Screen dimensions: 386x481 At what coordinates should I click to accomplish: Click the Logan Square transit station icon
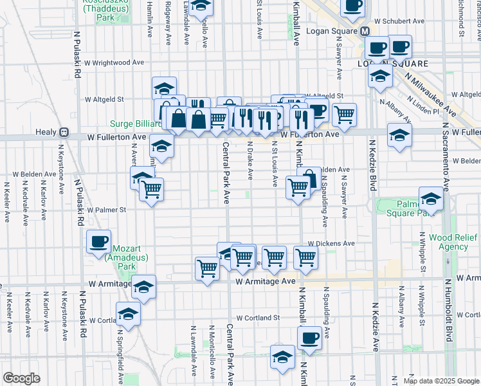[x=365, y=31]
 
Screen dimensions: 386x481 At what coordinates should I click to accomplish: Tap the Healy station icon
[x=64, y=132]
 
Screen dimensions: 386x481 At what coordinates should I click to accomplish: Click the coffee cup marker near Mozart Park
[x=99, y=242]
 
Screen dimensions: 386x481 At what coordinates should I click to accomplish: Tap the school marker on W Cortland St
[x=129, y=314]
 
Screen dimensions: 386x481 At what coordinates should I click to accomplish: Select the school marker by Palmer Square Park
[x=431, y=199]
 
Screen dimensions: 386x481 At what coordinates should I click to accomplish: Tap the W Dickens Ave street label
[x=331, y=244]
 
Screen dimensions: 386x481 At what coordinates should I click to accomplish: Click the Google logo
[x=21, y=378]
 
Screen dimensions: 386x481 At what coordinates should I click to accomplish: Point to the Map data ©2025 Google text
[x=441, y=381]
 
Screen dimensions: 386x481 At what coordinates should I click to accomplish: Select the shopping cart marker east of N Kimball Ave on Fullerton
[x=345, y=115]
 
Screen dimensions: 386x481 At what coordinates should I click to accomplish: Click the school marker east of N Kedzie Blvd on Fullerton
[x=399, y=136]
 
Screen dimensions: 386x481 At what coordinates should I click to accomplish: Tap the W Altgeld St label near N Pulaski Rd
[x=104, y=100]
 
